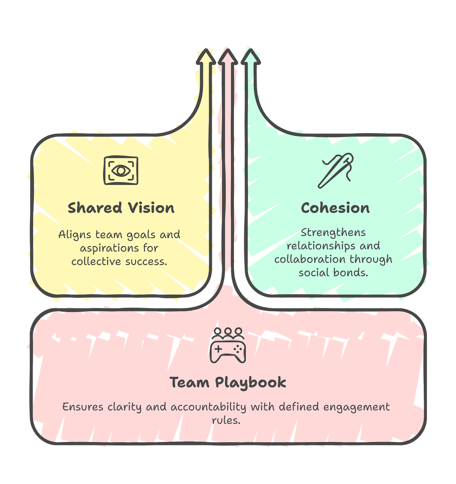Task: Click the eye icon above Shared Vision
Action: click(x=121, y=170)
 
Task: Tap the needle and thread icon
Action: click(x=335, y=171)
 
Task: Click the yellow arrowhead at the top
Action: click(x=205, y=56)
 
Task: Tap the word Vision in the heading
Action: click(x=151, y=208)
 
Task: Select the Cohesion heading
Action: click(x=335, y=208)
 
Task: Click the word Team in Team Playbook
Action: click(x=189, y=382)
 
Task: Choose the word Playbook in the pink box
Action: click(x=251, y=382)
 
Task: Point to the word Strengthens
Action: click(x=333, y=232)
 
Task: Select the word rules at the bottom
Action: click(x=226, y=420)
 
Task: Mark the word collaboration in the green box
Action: click(x=310, y=259)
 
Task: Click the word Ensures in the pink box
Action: click(x=83, y=407)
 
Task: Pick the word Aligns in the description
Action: click(x=75, y=234)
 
